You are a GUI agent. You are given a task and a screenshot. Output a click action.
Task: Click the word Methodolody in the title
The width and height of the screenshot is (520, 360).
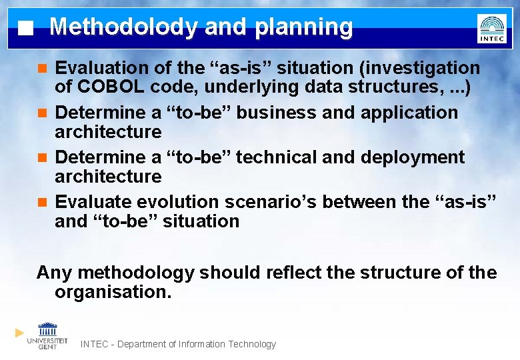[123, 27]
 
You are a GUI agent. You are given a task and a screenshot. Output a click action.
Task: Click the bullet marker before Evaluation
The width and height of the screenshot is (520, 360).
[42, 68]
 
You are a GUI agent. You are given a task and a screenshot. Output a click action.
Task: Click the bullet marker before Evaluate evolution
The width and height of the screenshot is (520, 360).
[42, 202]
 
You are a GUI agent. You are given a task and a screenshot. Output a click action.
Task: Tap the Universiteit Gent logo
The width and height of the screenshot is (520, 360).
[47, 336]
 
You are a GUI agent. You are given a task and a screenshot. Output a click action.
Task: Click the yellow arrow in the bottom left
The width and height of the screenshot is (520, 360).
[19, 332]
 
